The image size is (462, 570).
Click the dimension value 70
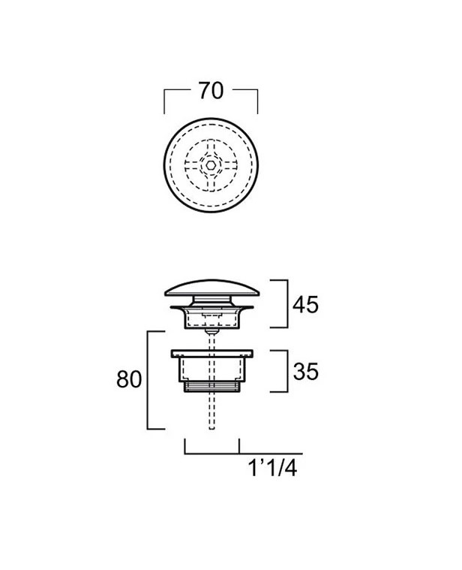point(211,91)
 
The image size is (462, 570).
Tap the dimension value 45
point(305,305)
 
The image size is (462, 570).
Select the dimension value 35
point(305,372)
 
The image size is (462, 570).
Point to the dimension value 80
point(129,379)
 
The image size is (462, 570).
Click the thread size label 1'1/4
point(272,468)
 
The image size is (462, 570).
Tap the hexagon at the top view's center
point(211,165)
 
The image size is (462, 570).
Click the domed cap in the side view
point(212,287)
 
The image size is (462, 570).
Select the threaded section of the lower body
point(212,387)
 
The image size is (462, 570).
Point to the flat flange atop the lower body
point(212,354)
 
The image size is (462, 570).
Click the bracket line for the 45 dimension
point(287,303)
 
